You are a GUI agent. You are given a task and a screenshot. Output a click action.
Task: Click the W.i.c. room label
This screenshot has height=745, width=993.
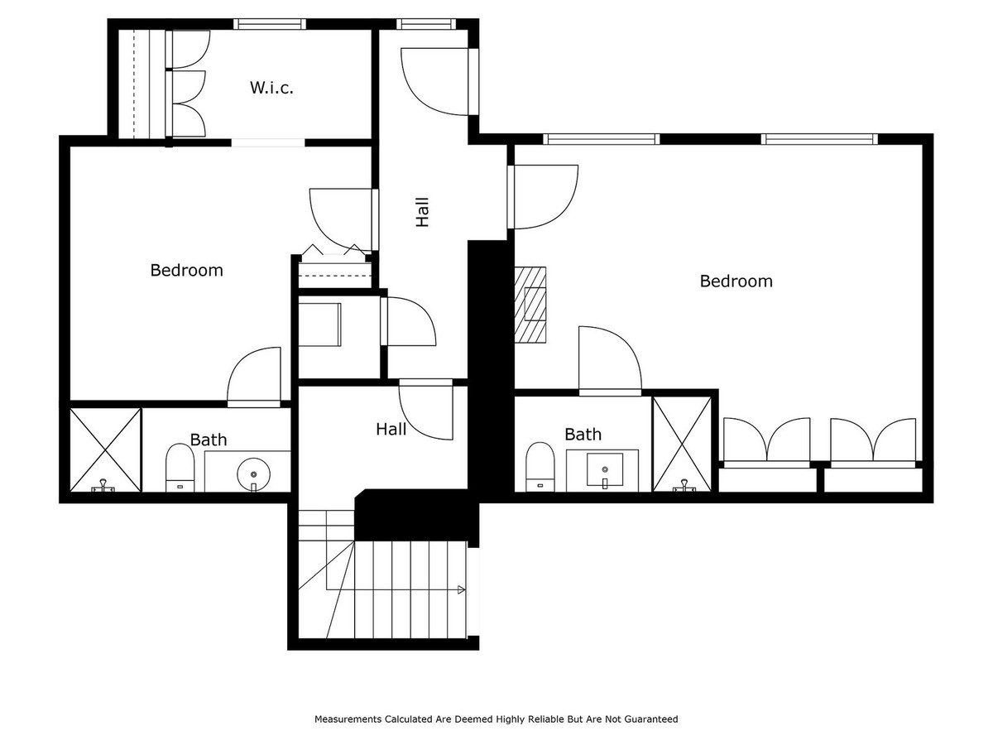[x=271, y=87]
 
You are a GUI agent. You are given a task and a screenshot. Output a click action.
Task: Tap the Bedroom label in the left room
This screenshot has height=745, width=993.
[x=186, y=270]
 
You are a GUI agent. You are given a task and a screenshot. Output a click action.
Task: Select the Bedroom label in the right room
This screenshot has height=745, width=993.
[x=736, y=281]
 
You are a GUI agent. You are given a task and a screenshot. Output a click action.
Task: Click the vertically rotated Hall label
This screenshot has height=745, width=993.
[x=422, y=212]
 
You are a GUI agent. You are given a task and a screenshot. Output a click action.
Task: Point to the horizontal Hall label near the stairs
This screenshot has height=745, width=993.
[x=391, y=429]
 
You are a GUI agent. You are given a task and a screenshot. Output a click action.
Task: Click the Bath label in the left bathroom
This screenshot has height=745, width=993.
[x=208, y=440]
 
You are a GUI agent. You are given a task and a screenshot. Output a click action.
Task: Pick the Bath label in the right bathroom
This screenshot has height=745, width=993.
[x=583, y=434]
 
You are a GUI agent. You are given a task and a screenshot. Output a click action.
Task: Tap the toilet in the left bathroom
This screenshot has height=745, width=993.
[x=180, y=468]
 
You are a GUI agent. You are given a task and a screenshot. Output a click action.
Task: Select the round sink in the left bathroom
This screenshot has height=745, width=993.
[x=253, y=474]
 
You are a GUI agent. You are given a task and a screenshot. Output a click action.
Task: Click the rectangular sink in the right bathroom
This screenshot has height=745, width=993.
[x=605, y=469]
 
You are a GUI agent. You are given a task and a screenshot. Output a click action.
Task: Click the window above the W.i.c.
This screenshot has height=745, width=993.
[x=269, y=24]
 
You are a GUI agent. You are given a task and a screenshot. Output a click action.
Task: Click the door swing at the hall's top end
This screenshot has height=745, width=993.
[x=434, y=81]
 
